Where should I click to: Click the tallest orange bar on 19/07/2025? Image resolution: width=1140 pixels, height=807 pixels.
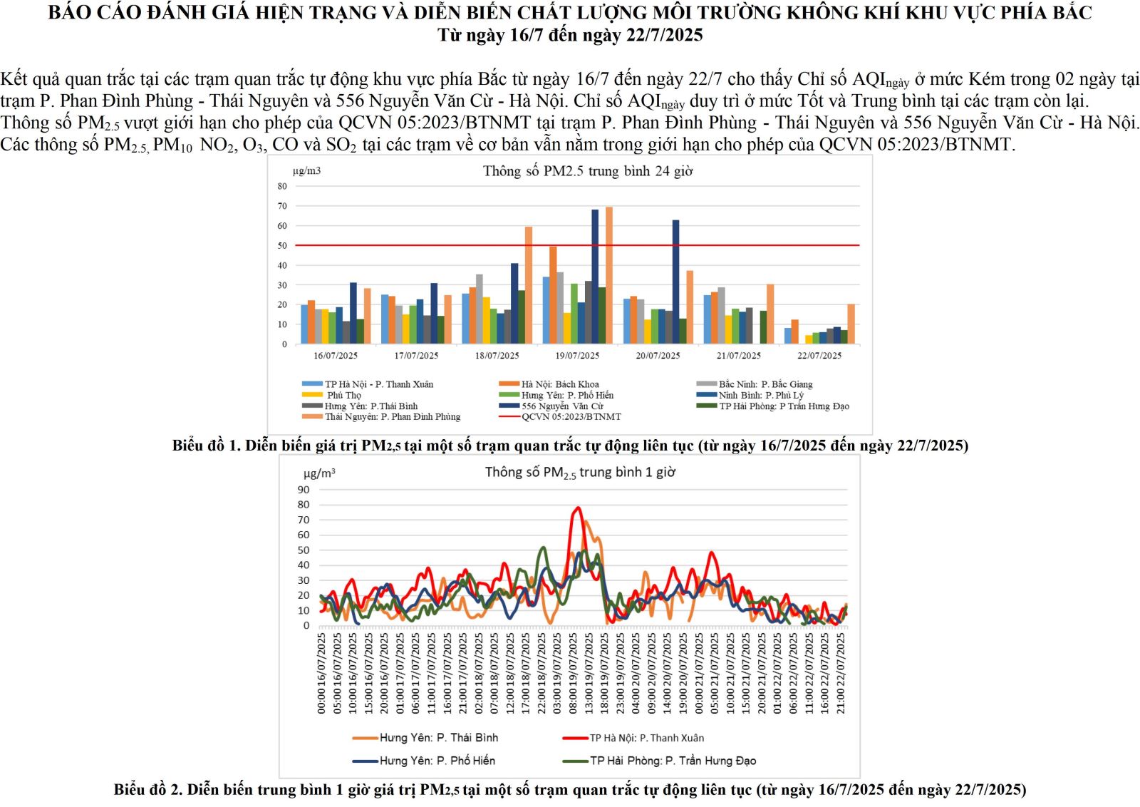(609, 275)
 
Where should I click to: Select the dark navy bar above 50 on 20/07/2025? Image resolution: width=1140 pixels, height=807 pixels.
(675, 282)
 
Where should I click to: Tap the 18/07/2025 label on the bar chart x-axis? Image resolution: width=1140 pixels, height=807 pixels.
(497, 356)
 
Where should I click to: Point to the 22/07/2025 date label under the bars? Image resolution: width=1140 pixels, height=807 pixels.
(819, 356)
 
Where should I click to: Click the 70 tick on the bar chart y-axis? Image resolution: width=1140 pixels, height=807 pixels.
(283, 206)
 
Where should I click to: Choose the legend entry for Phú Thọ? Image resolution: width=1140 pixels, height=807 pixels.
(344, 395)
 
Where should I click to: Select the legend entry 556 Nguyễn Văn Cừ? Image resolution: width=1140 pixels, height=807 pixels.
(562, 406)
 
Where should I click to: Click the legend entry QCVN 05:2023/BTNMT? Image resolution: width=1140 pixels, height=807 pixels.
(571, 416)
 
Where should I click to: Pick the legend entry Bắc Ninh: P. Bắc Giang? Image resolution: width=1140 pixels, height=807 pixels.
(765, 384)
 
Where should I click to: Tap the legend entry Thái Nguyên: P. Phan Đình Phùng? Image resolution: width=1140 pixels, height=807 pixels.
(393, 416)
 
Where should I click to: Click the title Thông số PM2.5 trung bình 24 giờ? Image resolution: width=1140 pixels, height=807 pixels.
(588, 171)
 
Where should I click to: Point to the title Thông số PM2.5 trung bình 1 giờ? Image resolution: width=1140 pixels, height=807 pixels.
(580, 473)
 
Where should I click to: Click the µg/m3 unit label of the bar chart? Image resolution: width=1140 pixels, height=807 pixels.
(306, 171)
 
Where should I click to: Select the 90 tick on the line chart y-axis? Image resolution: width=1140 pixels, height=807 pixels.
(304, 490)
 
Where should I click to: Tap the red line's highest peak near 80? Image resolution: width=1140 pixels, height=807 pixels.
(578, 508)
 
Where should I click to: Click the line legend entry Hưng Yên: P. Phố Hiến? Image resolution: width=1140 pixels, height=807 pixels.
(437, 761)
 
